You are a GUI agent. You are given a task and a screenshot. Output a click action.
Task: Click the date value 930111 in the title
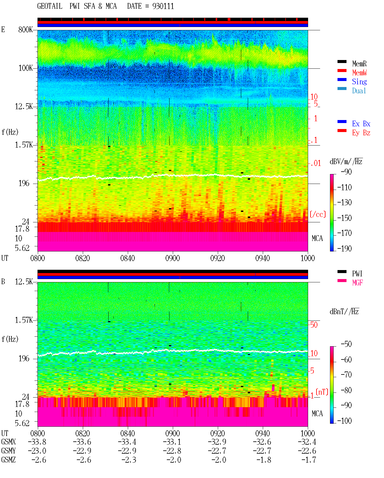coord(163,6)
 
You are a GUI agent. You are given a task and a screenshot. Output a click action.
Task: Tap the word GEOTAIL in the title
coord(50,6)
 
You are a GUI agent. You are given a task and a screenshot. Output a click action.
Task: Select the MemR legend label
coord(359,64)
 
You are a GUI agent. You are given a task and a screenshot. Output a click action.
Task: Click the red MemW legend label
coord(359,73)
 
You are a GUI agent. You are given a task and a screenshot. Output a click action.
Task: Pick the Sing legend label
coord(359,82)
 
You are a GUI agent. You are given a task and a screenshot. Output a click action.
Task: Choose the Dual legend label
coord(359,91)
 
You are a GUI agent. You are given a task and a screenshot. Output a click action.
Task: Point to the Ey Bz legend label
coord(361,133)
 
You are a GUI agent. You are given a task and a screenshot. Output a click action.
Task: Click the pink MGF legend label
coord(357,283)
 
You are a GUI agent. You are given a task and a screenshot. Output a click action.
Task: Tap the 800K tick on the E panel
coord(25,29)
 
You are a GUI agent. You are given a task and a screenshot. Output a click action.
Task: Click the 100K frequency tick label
coord(25,68)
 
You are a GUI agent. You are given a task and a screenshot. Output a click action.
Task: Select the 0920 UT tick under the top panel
coord(217,258)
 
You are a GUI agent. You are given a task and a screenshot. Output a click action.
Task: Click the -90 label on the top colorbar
coord(346,172)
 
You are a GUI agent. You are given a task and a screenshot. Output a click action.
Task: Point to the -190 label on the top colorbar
coord(344,248)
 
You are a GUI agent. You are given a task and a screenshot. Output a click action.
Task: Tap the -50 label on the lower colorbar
coord(346,344)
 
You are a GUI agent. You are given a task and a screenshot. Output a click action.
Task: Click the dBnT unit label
coord(344,312)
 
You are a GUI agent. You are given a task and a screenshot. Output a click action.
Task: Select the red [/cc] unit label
coord(318,214)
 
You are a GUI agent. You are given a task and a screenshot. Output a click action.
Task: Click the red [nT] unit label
coord(322,392)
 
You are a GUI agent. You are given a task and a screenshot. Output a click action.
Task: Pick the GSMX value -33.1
coord(172,442)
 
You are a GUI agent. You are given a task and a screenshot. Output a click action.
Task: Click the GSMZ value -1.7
coord(308,460)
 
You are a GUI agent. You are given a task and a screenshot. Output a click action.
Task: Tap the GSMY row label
coord(8,451)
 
